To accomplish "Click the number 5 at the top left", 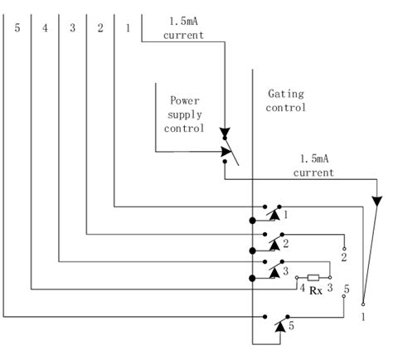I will [17, 28].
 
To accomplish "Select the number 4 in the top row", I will [45, 28].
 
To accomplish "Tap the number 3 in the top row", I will [72, 28].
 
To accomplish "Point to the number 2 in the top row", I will [99, 28].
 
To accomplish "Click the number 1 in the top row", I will [127, 28].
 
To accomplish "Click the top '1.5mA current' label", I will [183, 28].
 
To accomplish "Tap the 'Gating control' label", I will [287, 100].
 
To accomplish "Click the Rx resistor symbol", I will [314, 278].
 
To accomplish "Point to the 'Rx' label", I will [315, 291].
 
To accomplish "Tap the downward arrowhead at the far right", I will [378, 202].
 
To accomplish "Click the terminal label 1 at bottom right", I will [362, 317].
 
